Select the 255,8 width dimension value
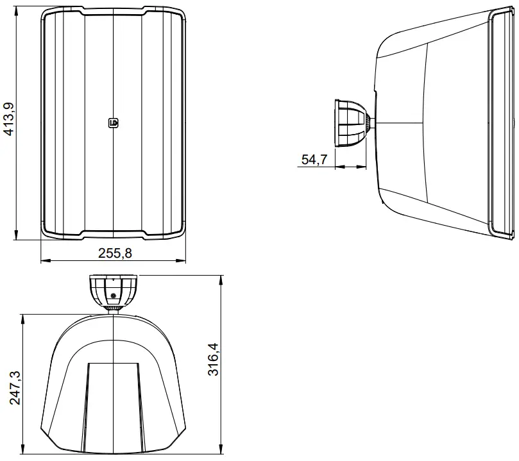115,253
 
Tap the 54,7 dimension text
314,160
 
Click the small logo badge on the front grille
114,122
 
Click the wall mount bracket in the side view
350,122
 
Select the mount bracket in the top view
113,290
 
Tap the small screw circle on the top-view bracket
113,296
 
